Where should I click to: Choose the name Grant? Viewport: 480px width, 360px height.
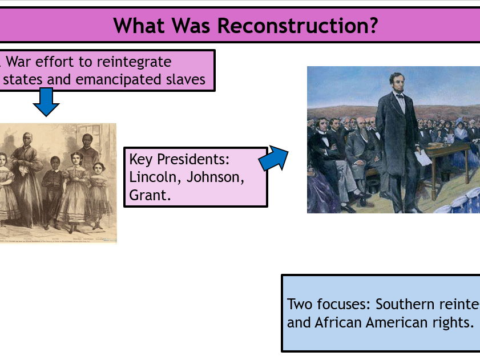pos(150,196)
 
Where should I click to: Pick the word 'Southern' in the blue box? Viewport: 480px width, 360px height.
pos(406,304)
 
